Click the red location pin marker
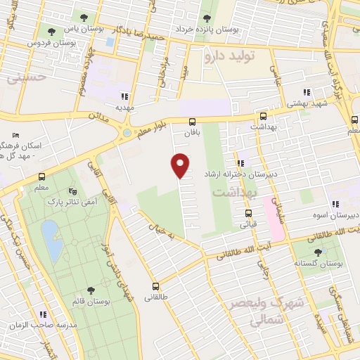click(x=181, y=165)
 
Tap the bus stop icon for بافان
click(x=192, y=122)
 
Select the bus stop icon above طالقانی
click(x=155, y=286)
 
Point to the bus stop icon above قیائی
click(x=248, y=214)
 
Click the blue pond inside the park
click(x=49, y=233)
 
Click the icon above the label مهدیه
click(x=124, y=96)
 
